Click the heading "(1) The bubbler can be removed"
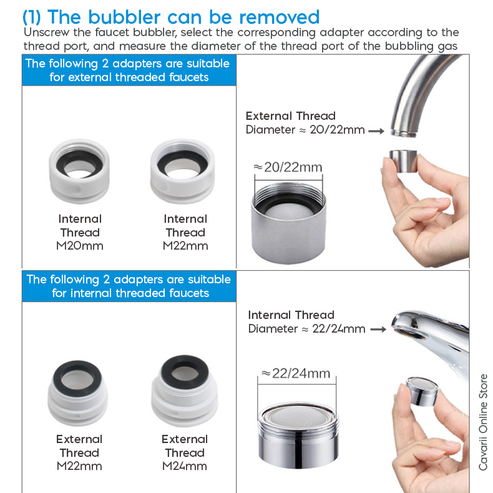coord(171,17)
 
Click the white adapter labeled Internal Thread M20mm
coord(79,171)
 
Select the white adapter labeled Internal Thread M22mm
coord(183,171)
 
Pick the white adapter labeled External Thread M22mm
coord(77,393)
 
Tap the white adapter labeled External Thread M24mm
coord(185,391)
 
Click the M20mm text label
coord(79,246)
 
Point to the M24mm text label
coord(185,466)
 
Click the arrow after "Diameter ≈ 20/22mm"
coord(376,131)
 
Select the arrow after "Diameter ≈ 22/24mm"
coord(378,329)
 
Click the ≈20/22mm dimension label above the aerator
coord(288,167)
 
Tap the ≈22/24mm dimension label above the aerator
coord(296,373)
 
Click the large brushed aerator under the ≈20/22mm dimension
coord(288,223)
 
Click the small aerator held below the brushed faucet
coord(403,161)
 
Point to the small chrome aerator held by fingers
coord(422,391)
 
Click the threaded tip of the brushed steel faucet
coord(404,133)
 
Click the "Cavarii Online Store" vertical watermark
coord(483,422)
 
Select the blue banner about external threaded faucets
coord(129,70)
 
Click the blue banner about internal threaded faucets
coord(129,286)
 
